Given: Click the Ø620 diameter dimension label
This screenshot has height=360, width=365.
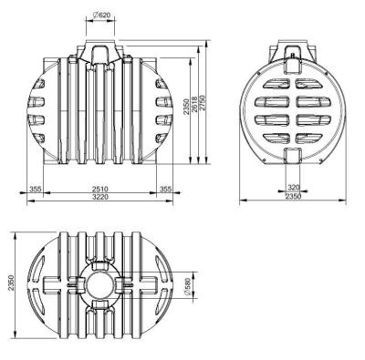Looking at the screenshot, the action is [x=100, y=15].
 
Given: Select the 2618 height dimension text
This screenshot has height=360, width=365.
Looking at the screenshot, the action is [x=194, y=105].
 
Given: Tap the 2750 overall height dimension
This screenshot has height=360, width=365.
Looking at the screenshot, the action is [x=203, y=105].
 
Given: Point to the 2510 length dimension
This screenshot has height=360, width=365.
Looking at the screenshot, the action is [x=100, y=189].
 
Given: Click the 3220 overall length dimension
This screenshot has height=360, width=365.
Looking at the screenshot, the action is [x=100, y=197].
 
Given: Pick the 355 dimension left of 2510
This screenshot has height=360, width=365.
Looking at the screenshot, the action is [x=36, y=189].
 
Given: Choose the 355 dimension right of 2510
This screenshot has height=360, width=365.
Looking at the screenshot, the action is [x=165, y=189].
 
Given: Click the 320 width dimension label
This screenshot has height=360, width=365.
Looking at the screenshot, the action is [x=294, y=187].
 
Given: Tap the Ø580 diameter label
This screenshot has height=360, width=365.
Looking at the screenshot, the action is [x=187, y=286].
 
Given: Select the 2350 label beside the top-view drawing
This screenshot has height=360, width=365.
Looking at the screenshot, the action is [x=11, y=283].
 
